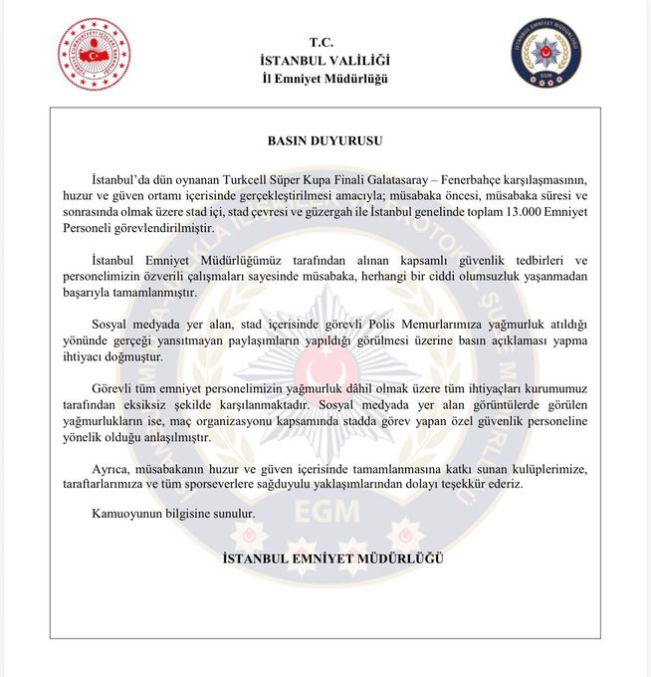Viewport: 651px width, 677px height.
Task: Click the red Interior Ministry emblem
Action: coord(94,54)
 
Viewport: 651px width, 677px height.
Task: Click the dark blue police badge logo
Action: coord(545,53)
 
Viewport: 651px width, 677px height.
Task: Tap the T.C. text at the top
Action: coord(324,42)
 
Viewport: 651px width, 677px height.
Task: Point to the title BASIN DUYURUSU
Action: coord(325,141)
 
